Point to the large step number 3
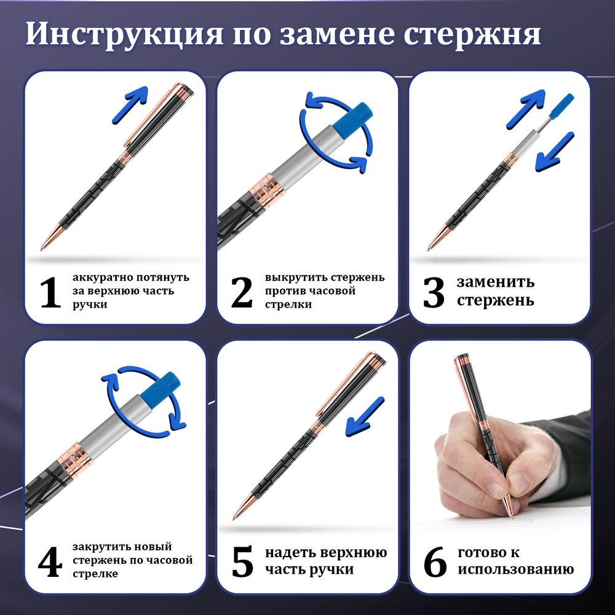coord(434,293)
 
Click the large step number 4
coord(50,562)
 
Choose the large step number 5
coord(242,562)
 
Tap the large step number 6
coord(435,562)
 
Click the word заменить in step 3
coord(495,282)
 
